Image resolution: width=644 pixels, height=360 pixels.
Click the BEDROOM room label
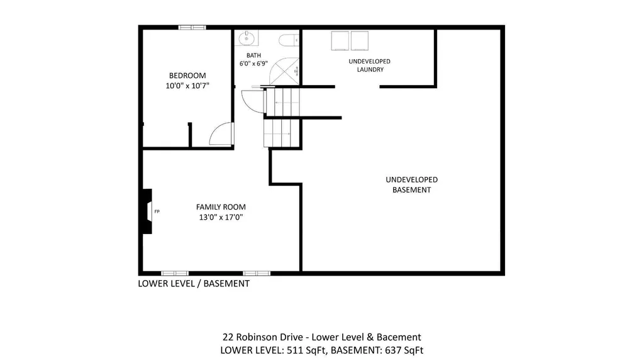click(187, 76)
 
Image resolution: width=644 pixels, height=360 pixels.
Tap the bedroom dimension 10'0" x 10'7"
click(187, 86)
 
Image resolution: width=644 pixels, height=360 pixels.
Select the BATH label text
click(254, 55)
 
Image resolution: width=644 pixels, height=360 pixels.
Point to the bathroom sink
click(247, 38)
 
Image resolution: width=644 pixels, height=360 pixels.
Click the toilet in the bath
click(289, 40)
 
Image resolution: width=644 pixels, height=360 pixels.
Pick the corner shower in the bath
click(284, 72)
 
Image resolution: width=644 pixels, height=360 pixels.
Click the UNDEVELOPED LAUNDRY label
click(370, 65)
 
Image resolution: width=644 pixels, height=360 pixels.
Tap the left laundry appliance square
click(340, 41)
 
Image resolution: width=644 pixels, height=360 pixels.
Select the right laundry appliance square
click(359, 41)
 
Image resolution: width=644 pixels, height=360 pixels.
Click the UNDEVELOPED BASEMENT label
click(411, 184)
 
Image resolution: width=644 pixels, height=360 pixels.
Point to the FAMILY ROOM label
click(221, 207)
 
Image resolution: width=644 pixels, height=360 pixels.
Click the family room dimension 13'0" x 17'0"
click(221, 217)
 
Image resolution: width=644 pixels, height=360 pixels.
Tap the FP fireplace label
click(157, 211)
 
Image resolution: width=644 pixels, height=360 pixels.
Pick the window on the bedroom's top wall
click(192, 28)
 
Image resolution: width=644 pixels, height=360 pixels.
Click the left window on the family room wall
click(175, 273)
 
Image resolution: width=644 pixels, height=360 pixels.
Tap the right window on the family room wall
click(257, 273)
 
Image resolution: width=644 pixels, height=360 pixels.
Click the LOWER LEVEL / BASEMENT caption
click(194, 284)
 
